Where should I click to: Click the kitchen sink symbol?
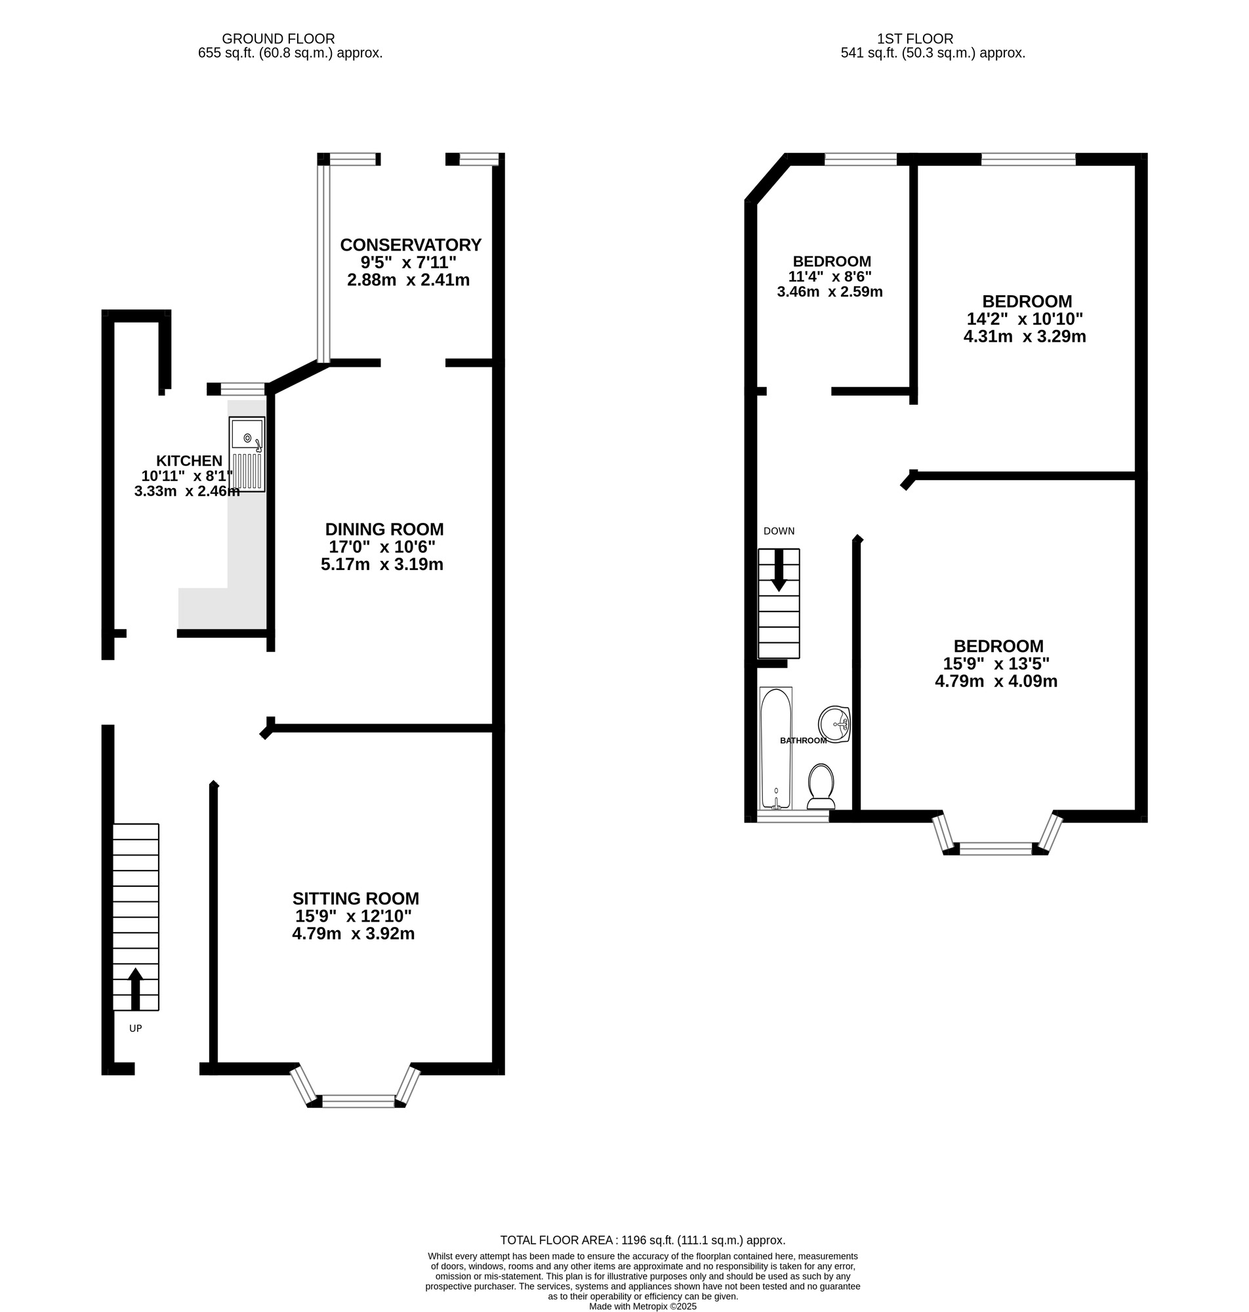click(x=247, y=455)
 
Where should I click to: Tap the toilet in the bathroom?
click(x=821, y=786)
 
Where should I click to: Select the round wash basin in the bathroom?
click(x=835, y=724)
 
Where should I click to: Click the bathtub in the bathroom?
click(x=775, y=749)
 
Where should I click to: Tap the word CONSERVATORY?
click(x=410, y=245)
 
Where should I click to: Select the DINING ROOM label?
click(x=384, y=529)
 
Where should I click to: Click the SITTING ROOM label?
click(x=356, y=899)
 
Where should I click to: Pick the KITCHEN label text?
click(x=189, y=461)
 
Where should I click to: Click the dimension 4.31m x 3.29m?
click(x=1025, y=337)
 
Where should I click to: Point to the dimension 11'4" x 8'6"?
click(x=830, y=276)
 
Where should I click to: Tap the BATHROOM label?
click(x=804, y=741)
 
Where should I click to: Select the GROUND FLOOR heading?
click(x=278, y=39)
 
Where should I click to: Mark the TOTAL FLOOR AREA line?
click(x=642, y=1240)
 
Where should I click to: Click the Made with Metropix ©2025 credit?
click(x=642, y=1307)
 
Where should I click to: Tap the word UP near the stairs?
click(x=135, y=1029)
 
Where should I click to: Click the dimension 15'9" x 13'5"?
click(x=996, y=664)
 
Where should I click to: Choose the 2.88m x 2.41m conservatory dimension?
click(x=408, y=280)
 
